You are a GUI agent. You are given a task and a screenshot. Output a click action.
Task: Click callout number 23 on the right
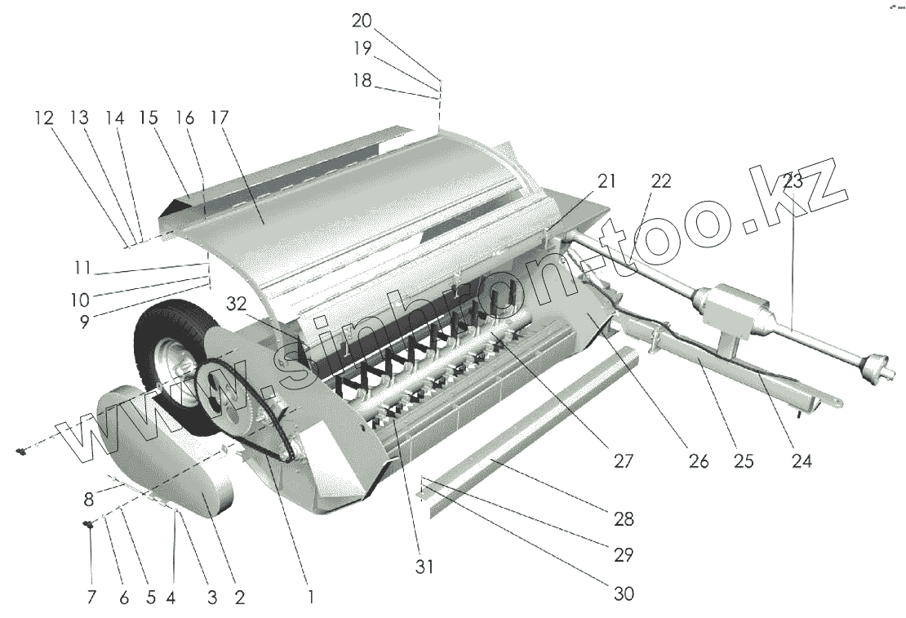coord(793,182)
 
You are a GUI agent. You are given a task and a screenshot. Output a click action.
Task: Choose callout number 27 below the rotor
coord(624,460)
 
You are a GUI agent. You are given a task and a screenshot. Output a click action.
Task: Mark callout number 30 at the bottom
coord(624,594)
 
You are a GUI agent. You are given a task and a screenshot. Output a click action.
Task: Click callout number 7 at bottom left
coord(91,597)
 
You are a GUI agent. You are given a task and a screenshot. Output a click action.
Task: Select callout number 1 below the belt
coord(310,597)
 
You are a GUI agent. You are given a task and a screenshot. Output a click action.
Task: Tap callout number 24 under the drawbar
coord(802,460)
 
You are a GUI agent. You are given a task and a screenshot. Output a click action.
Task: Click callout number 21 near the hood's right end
coord(605,181)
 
